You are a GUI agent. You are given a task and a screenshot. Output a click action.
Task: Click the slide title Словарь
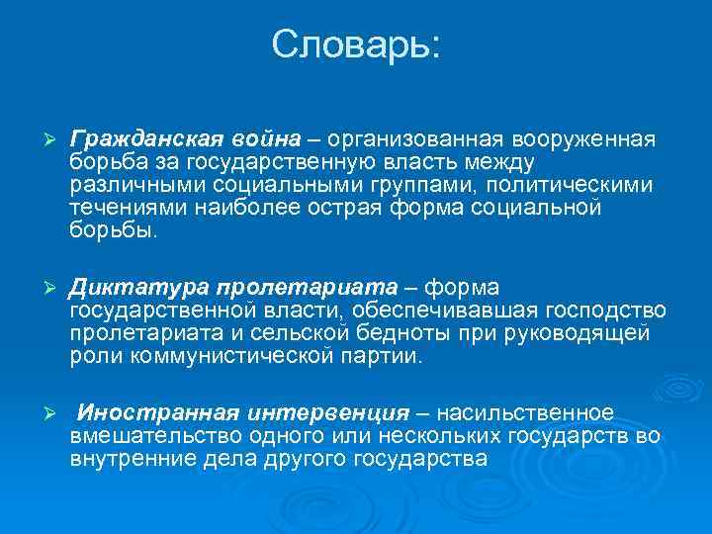click(x=356, y=45)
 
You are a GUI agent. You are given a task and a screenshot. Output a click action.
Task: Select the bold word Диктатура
click(x=124, y=288)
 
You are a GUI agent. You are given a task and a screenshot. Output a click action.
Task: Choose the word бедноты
click(x=443, y=334)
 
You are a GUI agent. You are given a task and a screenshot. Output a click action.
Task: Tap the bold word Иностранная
click(x=140, y=412)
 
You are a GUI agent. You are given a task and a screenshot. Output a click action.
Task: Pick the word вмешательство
click(x=145, y=436)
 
